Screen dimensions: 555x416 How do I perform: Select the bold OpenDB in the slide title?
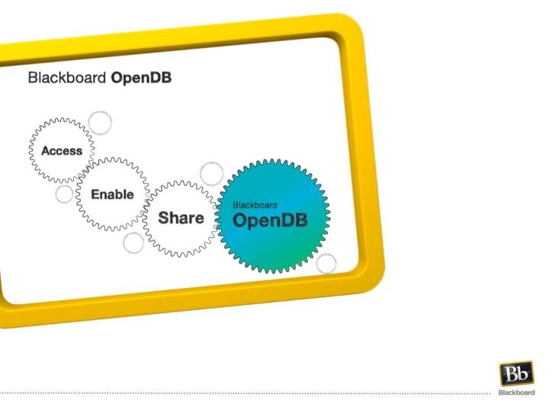(141, 78)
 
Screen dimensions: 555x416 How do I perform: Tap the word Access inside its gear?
(62, 151)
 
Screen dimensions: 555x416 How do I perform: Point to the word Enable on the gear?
(112, 194)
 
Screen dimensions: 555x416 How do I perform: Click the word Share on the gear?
(181, 219)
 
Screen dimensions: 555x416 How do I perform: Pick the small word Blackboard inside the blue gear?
(254, 205)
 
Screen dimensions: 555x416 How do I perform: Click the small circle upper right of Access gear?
(99, 122)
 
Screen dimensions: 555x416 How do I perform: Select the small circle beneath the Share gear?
(133, 244)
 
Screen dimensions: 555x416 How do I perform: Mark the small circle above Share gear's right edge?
(211, 173)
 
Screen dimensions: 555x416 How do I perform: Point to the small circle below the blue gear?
(326, 264)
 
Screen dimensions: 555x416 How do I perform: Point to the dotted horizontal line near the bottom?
(244, 393)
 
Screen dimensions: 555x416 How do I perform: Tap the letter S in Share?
(163, 219)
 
